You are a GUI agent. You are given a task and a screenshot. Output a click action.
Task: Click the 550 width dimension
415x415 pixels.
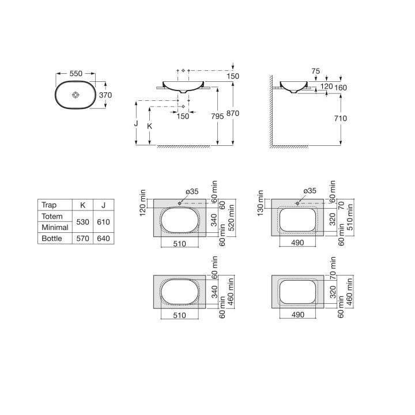click(76, 74)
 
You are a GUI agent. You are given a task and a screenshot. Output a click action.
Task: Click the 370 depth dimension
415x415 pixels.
click(105, 95)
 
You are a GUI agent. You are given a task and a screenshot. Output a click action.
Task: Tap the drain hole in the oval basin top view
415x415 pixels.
click(76, 95)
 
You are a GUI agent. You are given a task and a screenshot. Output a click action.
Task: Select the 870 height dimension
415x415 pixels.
click(233, 114)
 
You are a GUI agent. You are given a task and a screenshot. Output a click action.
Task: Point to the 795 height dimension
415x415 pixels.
click(217, 116)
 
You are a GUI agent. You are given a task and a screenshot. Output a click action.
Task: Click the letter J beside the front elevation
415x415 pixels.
click(136, 123)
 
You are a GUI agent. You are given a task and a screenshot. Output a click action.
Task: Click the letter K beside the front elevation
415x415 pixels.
click(149, 126)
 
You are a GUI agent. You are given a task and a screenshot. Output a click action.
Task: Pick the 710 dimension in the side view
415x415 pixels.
click(341, 118)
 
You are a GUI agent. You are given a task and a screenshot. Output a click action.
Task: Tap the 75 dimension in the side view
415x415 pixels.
click(315, 71)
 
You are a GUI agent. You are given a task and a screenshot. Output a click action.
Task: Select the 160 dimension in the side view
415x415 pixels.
click(341, 88)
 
